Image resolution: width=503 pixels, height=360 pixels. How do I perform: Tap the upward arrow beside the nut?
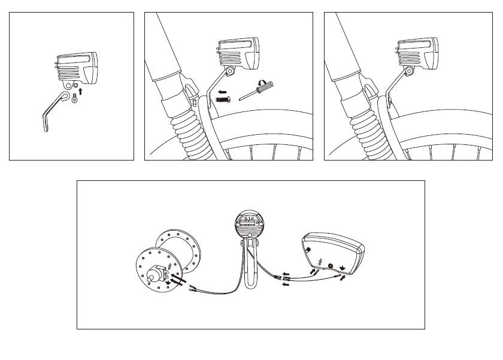point(80,92)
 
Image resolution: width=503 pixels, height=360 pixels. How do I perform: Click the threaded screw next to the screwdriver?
point(224,99)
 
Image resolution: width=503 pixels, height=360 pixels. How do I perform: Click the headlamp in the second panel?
point(239,53)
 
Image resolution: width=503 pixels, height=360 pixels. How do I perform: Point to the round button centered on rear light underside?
point(331,264)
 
